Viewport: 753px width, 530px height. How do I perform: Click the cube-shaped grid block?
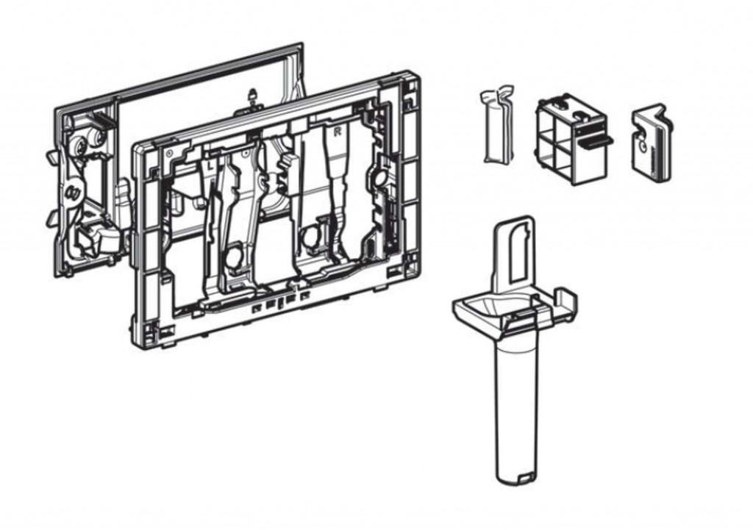click(570, 140)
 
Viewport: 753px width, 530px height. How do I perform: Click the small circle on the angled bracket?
click(645, 146)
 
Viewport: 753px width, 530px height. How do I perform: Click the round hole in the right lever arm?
click(310, 237)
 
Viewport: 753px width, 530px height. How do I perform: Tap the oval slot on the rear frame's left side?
click(72, 193)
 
